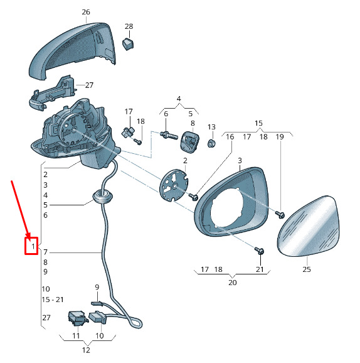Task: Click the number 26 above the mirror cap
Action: click(86, 12)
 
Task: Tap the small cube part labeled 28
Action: click(128, 44)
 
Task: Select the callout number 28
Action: click(129, 26)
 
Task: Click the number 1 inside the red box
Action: click(33, 246)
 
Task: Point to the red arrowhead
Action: click(28, 234)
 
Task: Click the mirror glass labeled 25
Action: click(309, 226)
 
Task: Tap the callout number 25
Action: click(307, 269)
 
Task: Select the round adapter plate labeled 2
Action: click(174, 185)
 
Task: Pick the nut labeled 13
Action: click(211, 143)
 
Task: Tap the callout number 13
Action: click(211, 127)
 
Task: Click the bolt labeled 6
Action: click(169, 135)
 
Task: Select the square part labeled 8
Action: click(189, 142)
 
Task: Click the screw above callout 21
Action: click(260, 251)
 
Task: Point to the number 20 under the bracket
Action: click(233, 283)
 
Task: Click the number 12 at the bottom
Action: click(86, 350)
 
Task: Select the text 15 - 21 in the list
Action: click(53, 300)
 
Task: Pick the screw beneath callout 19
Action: click(280, 214)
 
